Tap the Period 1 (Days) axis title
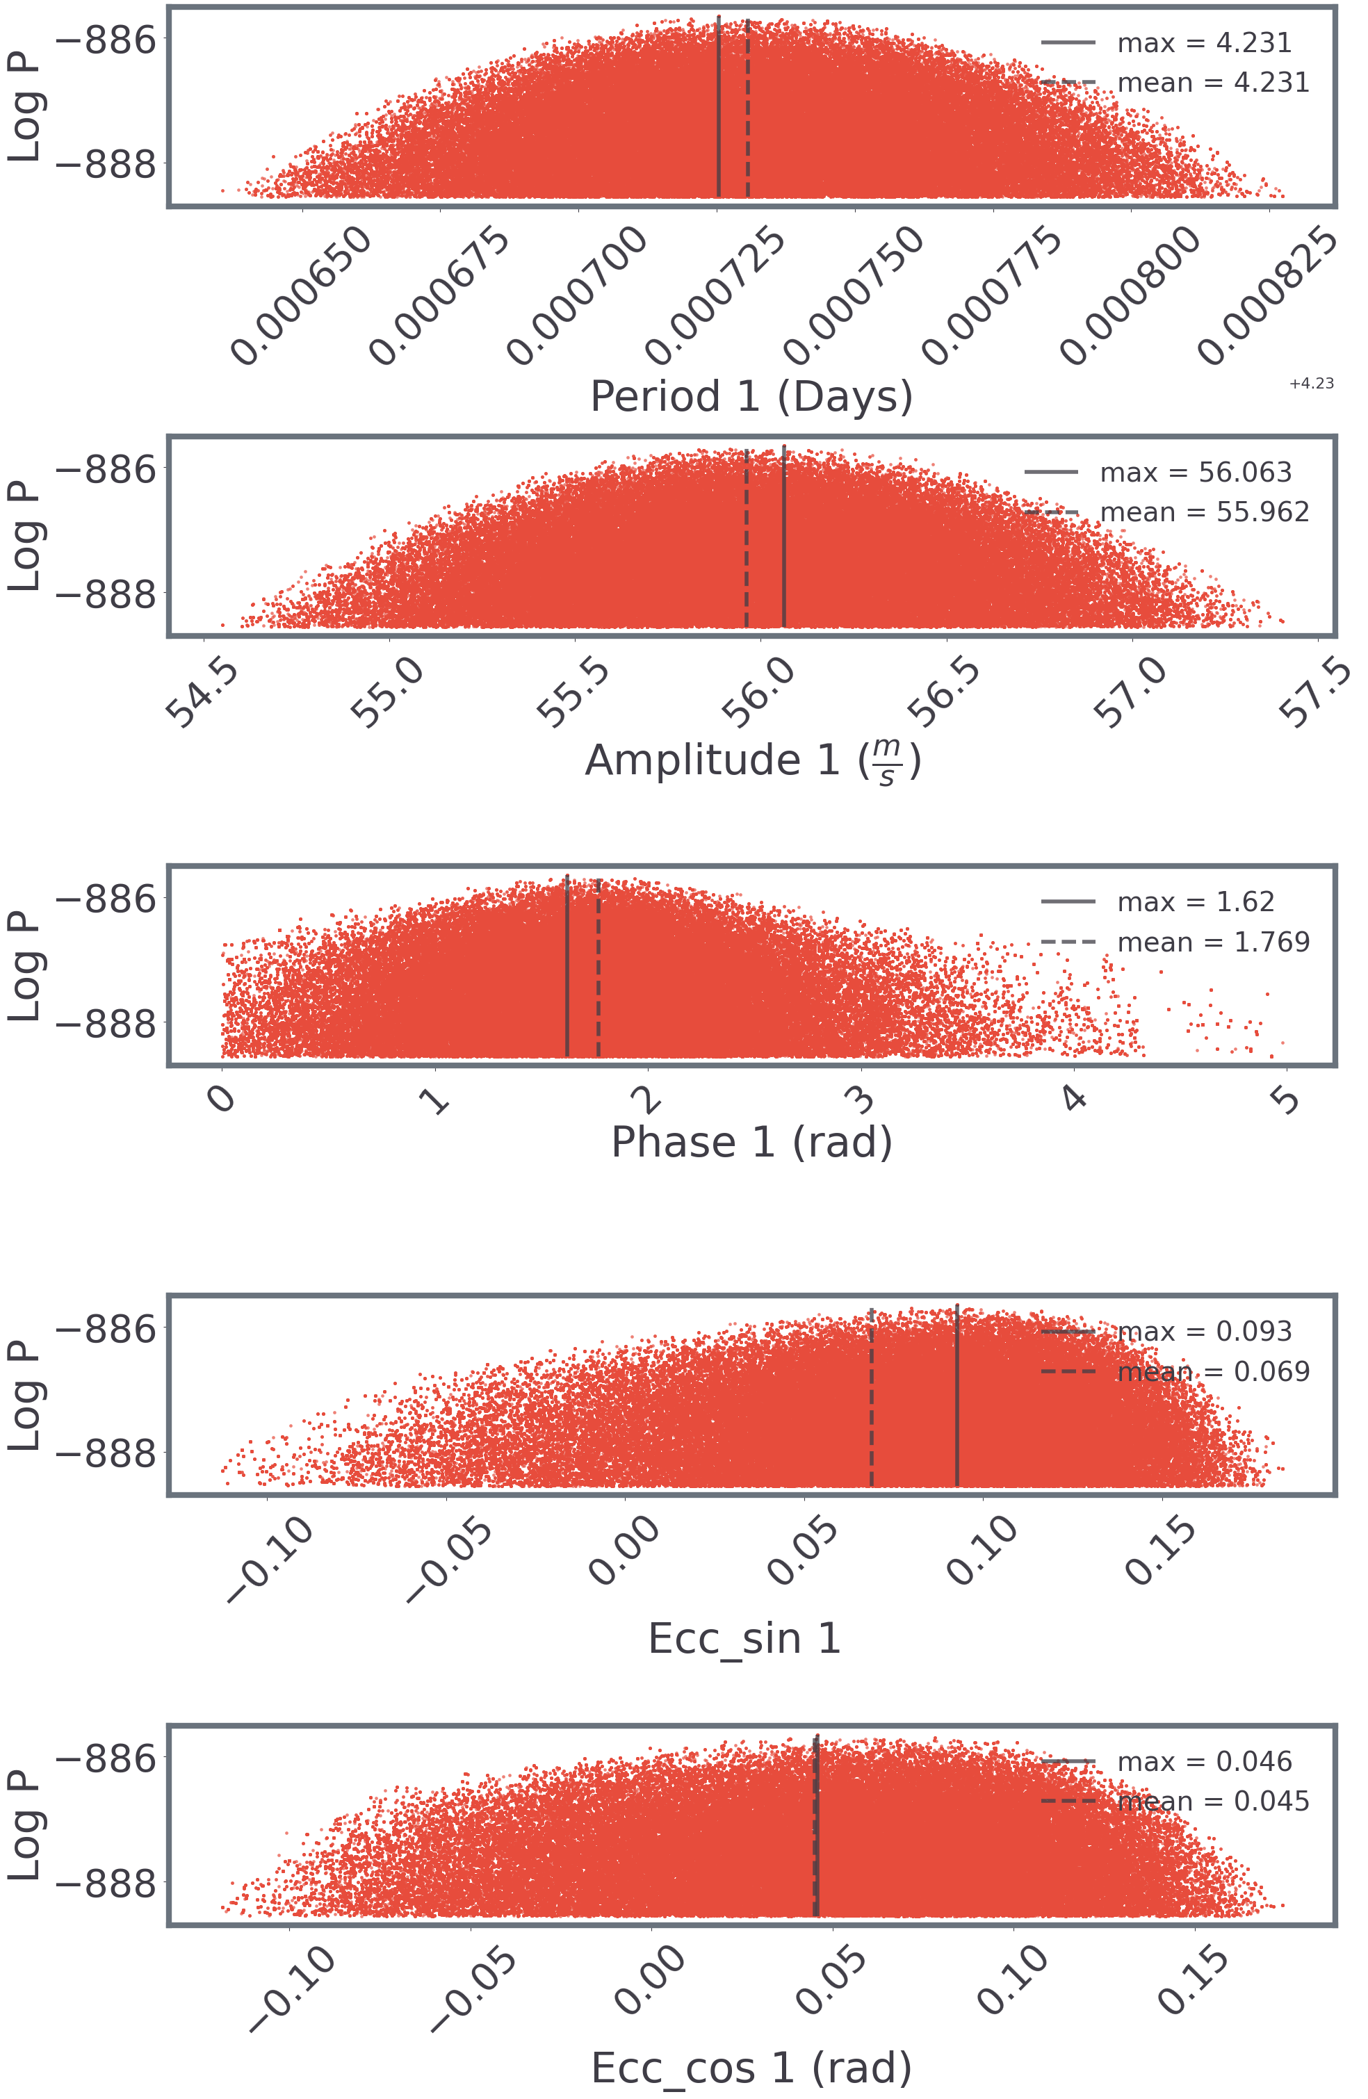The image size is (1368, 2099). tap(751, 396)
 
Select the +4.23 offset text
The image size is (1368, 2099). tap(1311, 384)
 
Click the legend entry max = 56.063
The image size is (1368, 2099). tap(1194, 473)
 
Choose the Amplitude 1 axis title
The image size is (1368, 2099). tap(752, 761)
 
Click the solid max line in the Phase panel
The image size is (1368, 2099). tap(567, 970)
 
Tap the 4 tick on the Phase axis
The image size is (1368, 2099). tap(1073, 1099)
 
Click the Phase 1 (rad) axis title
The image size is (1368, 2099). tap(751, 1143)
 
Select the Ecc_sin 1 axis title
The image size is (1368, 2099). tap(744, 1639)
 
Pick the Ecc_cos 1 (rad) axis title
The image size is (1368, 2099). tap(751, 2068)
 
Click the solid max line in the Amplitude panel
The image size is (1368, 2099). tap(784, 538)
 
